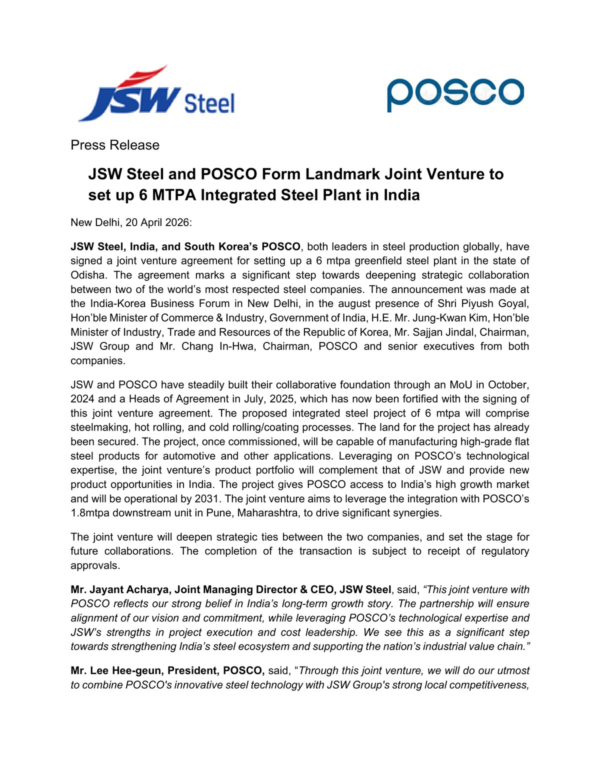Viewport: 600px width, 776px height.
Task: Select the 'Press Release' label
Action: (x=115, y=145)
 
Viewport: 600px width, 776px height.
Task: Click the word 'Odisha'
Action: (x=88, y=275)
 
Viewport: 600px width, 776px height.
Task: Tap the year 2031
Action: (x=206, y=499)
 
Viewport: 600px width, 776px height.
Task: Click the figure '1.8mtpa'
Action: (x=91, y=513)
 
